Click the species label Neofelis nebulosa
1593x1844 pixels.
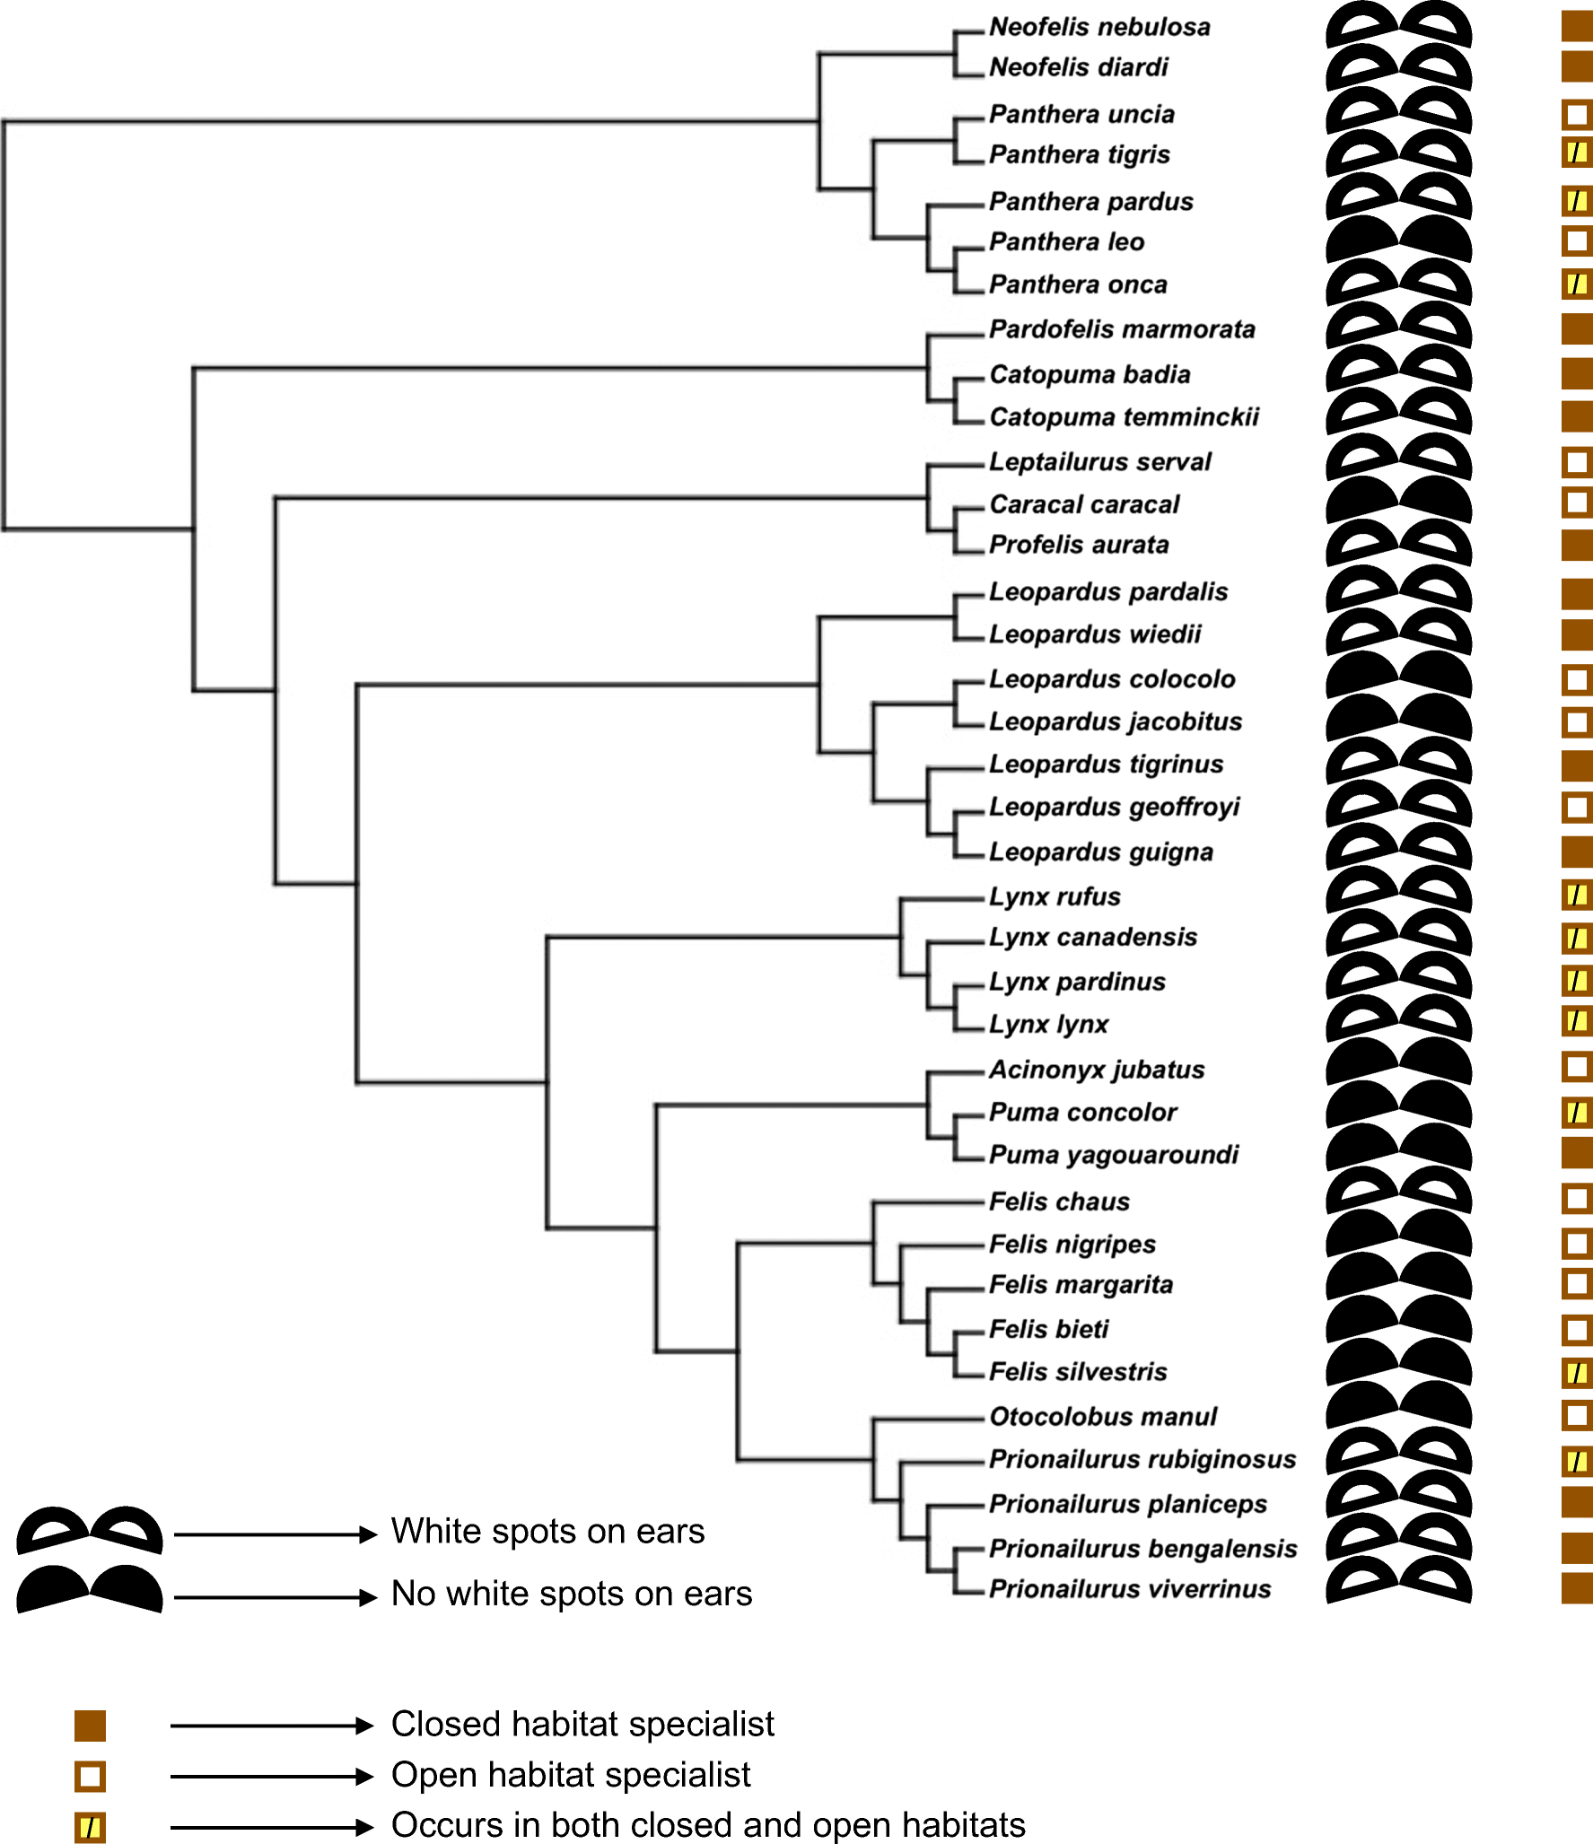[x=1098, y=27]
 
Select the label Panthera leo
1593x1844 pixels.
[x=1066, y=241]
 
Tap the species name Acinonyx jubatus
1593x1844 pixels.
[x=1096, y=1069]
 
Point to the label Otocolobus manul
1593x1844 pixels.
[x=1102, y=1416]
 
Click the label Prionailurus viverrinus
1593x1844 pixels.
[x=1129, y=1588]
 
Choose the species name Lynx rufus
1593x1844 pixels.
[x=1055, y=896]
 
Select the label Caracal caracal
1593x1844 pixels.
[x=1083, y=504]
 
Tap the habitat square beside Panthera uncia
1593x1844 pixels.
[x=1576, y=114]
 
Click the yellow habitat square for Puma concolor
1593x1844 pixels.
[x=1576, y=1113]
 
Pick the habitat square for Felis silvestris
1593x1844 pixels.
[x=1576, y=1372]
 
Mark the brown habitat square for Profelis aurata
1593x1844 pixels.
[x=1576, y=545]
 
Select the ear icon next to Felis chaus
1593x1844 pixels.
[x=1398, y=1191]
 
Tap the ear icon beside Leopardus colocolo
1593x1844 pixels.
[x=1398, y=675]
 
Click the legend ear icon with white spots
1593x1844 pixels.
[x=90, y=1530]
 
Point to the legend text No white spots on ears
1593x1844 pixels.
[x=572, y=1594]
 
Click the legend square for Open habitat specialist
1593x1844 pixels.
[x=90, y=1776]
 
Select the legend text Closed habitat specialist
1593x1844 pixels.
[x=582, y=1724]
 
